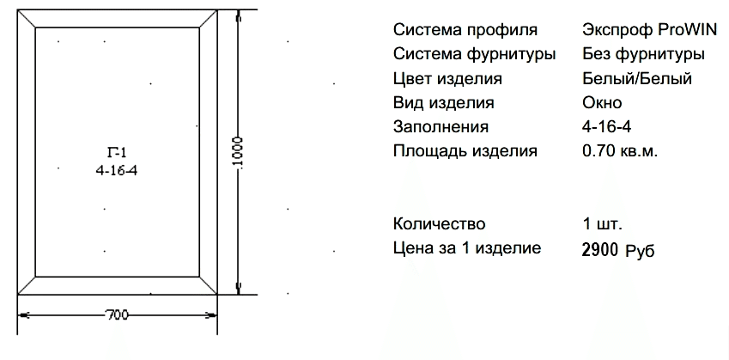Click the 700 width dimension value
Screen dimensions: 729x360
[117, 314]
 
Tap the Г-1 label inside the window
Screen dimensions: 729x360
[117, 152]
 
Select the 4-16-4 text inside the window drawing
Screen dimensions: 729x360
[117, 171]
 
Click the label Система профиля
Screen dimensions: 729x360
[465, 30]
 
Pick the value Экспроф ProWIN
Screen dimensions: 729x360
[649, 30]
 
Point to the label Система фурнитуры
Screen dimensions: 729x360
[474, 54]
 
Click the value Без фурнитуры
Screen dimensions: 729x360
[643, 54]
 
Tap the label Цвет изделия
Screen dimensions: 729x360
[447, 78]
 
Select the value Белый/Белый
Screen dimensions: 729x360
[637, 78]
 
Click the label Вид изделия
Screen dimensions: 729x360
[444, 102]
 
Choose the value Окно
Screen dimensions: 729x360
[602, 102]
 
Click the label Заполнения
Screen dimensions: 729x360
[440, 126]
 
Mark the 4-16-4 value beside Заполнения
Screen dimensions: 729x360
[607, 126]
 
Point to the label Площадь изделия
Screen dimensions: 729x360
[465, 151]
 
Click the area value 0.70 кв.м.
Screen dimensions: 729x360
[620, 151]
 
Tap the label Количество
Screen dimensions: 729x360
[440, 223]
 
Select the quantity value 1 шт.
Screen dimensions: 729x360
[603, 223]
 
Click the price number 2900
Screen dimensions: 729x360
[600, 250]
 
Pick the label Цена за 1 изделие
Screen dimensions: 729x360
[467, 248]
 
